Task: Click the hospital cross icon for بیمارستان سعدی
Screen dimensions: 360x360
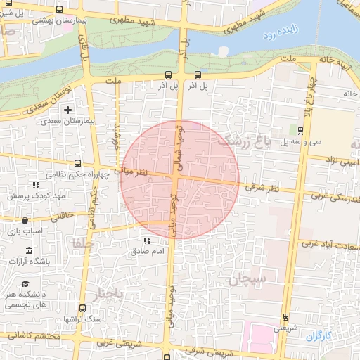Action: pos(68,110)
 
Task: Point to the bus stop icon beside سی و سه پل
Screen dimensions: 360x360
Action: pos(300,130)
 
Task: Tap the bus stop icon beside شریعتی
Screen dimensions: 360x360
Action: pos(285,316)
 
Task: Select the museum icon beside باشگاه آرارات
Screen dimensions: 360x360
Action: pos(29,251)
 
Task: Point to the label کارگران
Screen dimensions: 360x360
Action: pos(317,335)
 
